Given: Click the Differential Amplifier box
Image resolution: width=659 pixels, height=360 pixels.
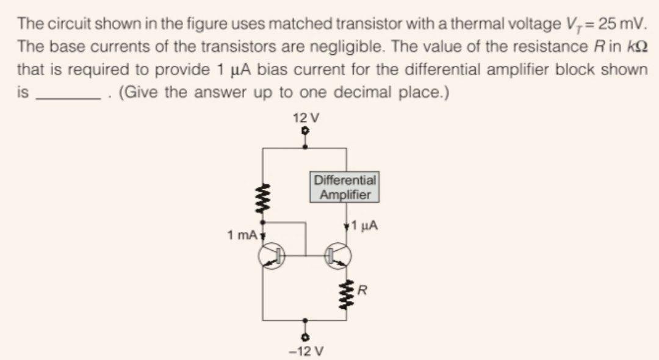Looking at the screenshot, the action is point(345,187).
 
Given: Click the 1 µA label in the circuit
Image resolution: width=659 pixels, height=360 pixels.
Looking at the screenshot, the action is point(364,226).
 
